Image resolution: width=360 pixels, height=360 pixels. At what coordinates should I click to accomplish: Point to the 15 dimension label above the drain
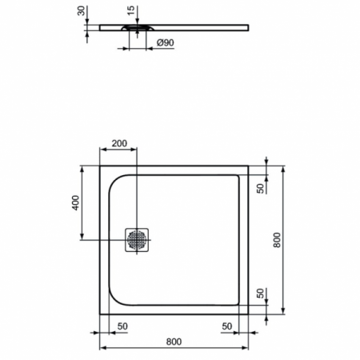pos(131,10)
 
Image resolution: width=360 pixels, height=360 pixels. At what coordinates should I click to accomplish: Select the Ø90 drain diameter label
pos(165,42)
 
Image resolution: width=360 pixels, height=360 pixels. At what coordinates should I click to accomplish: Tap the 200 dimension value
pos(118,143)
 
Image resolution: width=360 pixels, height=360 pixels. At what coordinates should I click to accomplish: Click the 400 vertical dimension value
pos(75,203)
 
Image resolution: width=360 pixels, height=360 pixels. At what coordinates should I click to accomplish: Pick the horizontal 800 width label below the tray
pos(174,342)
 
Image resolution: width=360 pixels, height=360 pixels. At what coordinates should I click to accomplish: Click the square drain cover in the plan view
pos(137,239)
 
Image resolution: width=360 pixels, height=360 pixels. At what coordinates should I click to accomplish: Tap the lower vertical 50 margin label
pos(260,294)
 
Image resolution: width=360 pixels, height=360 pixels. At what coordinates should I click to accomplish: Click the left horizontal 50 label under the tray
pos(123,326)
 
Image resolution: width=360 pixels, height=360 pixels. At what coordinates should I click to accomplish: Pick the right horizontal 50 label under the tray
pos(226,326)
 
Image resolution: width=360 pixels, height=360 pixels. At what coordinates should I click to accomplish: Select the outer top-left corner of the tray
pos(99,166)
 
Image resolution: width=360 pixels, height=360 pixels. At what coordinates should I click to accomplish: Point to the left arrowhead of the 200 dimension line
pos(101,150)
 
